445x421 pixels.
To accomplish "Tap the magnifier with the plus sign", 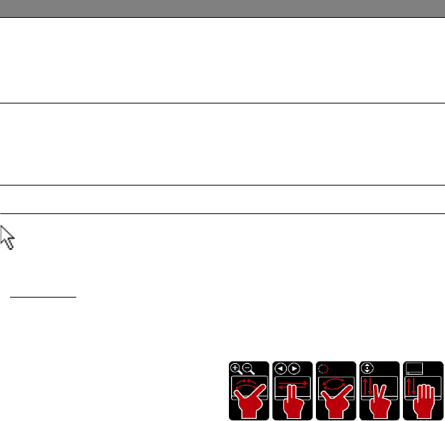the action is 236,369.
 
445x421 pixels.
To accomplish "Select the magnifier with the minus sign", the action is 247,369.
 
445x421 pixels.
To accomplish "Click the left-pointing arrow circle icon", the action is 280,369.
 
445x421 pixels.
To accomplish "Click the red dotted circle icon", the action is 323,369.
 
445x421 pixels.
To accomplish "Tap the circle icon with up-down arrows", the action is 367,369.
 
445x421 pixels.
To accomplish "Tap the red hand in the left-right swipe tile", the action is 292,403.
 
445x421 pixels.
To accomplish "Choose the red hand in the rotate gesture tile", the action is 336,404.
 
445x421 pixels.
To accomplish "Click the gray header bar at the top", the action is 222,9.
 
